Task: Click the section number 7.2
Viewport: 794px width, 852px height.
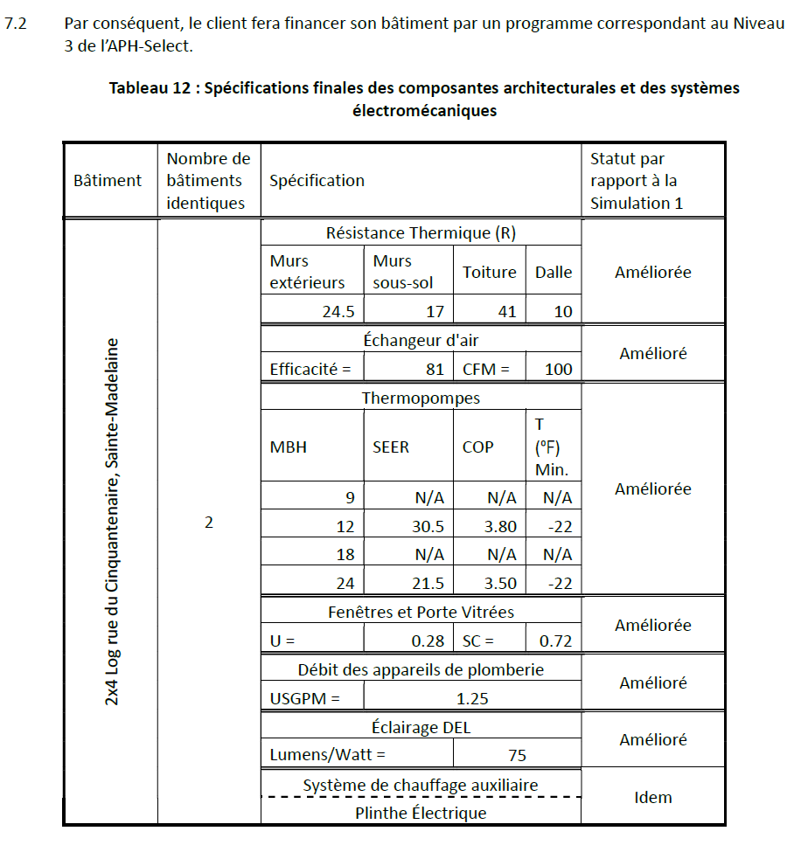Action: [17, 23]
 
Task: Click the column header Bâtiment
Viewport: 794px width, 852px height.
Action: [108, 181]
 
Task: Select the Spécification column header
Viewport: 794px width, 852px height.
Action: [317, 181]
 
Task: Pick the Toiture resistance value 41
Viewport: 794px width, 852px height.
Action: [506, 311]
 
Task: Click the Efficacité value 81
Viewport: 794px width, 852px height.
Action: [435, 369]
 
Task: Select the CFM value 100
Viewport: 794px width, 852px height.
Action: [558, 369]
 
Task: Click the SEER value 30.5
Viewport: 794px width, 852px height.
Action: [428, 527]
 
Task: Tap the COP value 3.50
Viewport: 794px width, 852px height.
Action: [500, 583]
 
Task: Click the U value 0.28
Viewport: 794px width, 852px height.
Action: [428, 641]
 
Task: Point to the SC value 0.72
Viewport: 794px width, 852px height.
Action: [555, 641]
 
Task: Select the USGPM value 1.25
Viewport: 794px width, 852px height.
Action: [472, 698]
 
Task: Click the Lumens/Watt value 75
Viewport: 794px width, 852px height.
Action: [517, 755]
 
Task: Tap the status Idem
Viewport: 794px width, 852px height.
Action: [652, 797]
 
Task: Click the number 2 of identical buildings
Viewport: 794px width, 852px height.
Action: [209, 523]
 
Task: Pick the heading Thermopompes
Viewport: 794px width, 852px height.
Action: [421, 398]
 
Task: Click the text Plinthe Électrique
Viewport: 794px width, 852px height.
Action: [421, 813]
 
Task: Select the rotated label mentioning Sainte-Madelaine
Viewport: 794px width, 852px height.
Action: [112, 522]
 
